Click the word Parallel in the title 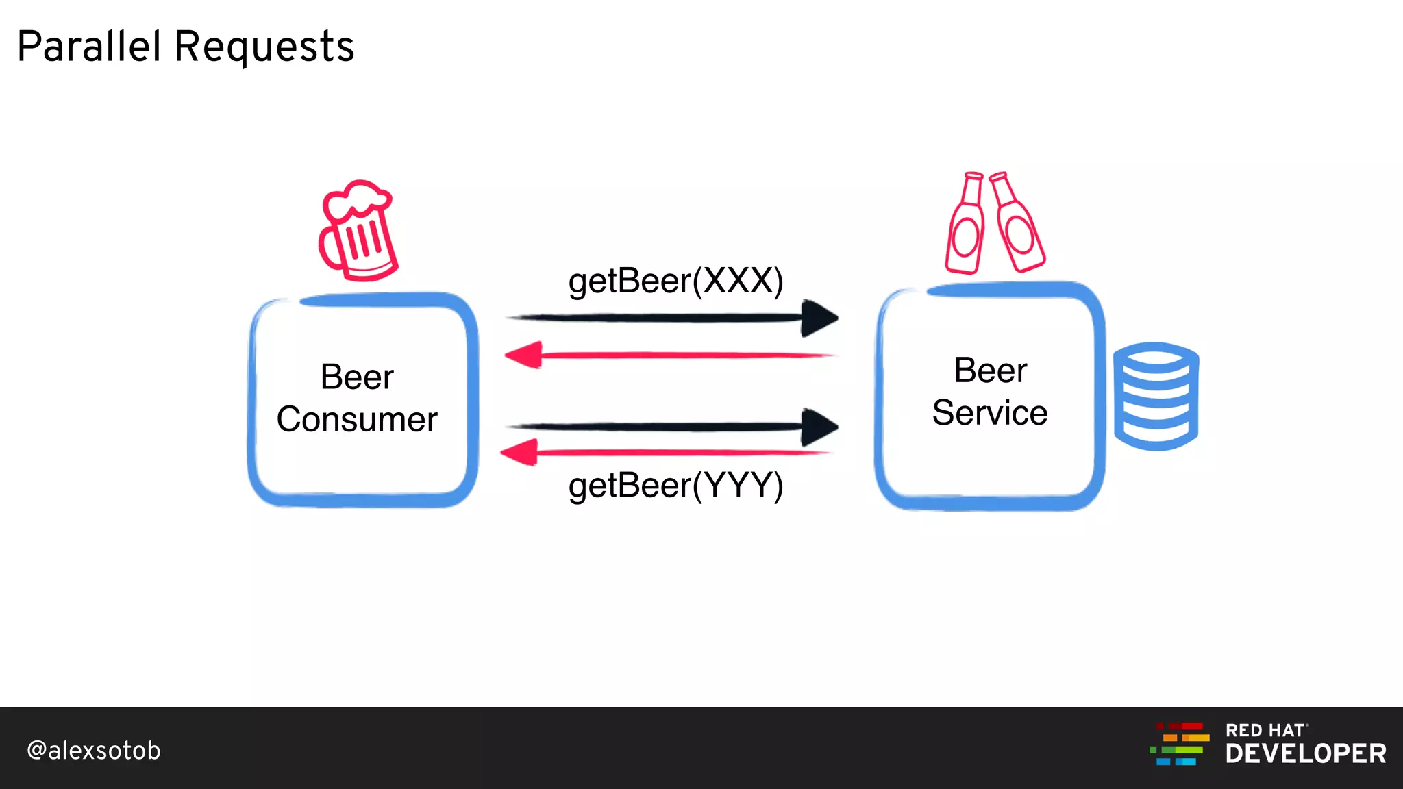(89, 47)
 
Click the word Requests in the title (264, 48)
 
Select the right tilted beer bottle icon (1018, 223)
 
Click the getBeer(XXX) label (675, 281)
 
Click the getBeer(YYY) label (675, 485)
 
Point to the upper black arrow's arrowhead (820, 318)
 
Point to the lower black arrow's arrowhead (820, 427)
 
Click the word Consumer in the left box (357, 419)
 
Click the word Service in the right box (990, 412)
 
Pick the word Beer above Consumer (357, 377)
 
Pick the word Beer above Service (991, 371)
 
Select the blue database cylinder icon (1156, 396)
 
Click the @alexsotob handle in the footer (94, 751)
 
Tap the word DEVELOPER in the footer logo (1306, 754)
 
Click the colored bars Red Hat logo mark (1180, 744)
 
